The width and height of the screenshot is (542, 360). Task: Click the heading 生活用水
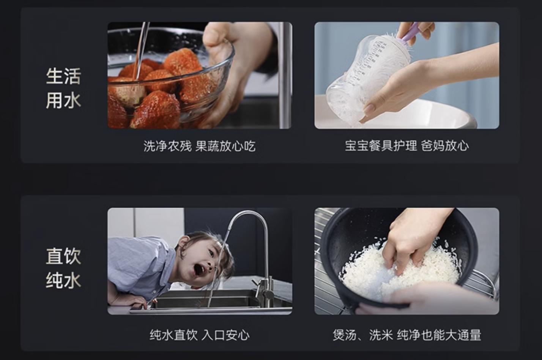pos(63,88)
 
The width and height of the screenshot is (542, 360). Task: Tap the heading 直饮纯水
pos(63,268)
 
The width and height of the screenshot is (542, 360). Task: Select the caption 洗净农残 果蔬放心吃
pos(199,146)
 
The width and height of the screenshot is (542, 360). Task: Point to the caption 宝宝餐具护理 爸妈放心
pos(406,146)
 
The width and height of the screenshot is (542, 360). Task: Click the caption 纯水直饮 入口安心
pos(199,335)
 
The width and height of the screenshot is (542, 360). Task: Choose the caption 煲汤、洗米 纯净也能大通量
pos(406,335)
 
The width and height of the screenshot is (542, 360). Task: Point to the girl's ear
pos(184,243)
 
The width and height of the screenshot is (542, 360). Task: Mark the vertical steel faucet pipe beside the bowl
pos(285,76)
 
